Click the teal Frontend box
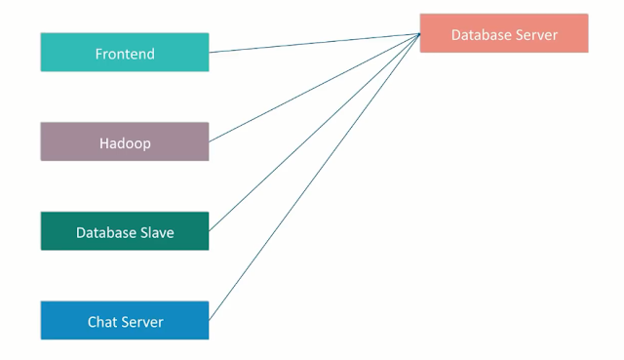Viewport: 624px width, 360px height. click(x=124, y=53)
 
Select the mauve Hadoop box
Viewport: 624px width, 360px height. click(x=124, y=142)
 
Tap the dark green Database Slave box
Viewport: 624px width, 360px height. click(x=124, y=232)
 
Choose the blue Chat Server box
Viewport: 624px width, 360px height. click(x=124, y=321)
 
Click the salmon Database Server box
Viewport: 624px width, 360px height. click(x=503, y=34)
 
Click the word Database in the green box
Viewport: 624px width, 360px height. click(x=103, y=233)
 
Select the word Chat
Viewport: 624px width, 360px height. click(x=103, y=322)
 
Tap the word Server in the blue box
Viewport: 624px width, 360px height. click(x=142, y=322)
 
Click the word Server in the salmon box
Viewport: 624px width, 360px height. click(x=536, y=35)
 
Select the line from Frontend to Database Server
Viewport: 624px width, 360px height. click(x=314, y=43)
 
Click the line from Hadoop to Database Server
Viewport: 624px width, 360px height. click(x=314, y=88)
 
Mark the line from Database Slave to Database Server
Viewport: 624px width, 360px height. click(x=314, y=133)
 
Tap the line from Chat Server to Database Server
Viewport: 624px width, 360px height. click(x=314, y=177)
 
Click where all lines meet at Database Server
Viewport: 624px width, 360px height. click(x=419, y=34)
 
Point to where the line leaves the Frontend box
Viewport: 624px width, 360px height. click(x=210, y=52)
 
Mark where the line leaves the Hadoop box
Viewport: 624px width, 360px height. click(x=210, y=141)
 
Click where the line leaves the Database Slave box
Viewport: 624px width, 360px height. click(x=210, y=231)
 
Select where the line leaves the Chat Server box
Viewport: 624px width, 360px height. click(x=210, y=320)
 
